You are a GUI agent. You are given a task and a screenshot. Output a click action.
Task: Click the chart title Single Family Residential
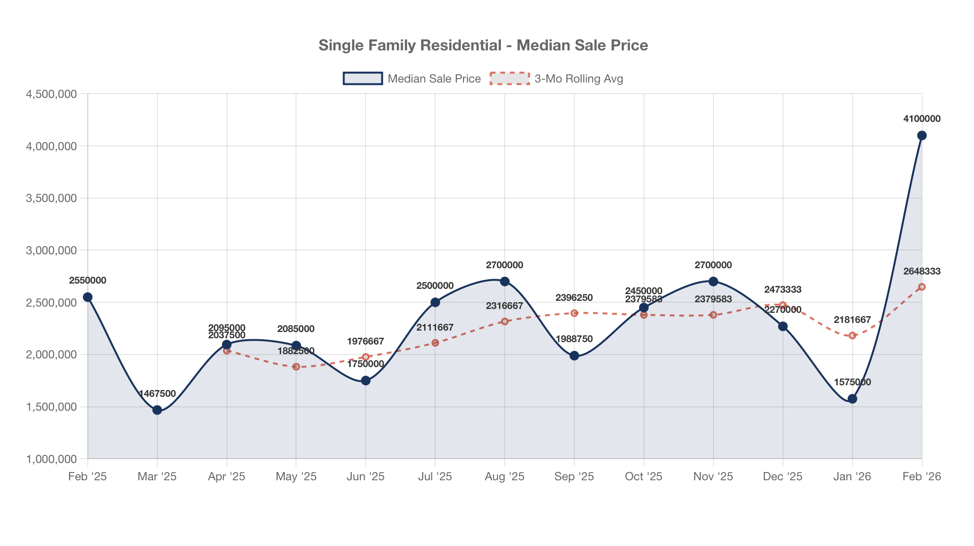click(x=483, y=45)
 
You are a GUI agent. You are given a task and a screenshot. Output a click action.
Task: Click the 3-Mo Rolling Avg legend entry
click(x=557, y=79)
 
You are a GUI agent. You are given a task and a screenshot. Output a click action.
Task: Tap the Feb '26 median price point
click(x=922, y=135)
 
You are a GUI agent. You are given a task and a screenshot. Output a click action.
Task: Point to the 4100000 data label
click(x=922, y=119)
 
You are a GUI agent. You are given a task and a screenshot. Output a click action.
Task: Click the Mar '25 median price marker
click(x=157, y=410)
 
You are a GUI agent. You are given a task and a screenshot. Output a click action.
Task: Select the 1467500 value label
click(x=157, y=393)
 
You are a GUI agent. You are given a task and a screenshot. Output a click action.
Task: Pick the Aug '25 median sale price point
click(x=505, y=281)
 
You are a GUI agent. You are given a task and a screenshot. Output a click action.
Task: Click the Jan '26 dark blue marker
click(x=852, y=399)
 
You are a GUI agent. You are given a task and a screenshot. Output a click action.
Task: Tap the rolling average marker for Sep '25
click(x=574, y=313)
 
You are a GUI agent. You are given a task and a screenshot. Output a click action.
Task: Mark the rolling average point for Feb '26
click(x=922, y=287)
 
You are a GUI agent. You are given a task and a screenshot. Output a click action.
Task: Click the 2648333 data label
click(x=922, y=271)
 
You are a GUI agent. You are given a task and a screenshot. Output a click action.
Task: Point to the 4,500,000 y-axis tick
click(x=51, y=94)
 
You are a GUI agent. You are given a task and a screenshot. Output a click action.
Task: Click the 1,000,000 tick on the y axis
click(x=51, y=459)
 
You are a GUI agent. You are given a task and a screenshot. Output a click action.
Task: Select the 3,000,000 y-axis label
click(x=51, y=250)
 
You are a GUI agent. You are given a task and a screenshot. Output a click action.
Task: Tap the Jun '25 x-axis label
click(x=366, y=476)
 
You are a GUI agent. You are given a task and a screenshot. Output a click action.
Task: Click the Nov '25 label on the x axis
click(x=713, y=476)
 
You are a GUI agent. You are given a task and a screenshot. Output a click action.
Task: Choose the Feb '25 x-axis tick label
click(x=87, y=476)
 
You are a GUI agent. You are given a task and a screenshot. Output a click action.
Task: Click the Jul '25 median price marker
click(x=435, y=302)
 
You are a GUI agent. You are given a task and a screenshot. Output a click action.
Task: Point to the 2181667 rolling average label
click(x=852, y=320)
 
